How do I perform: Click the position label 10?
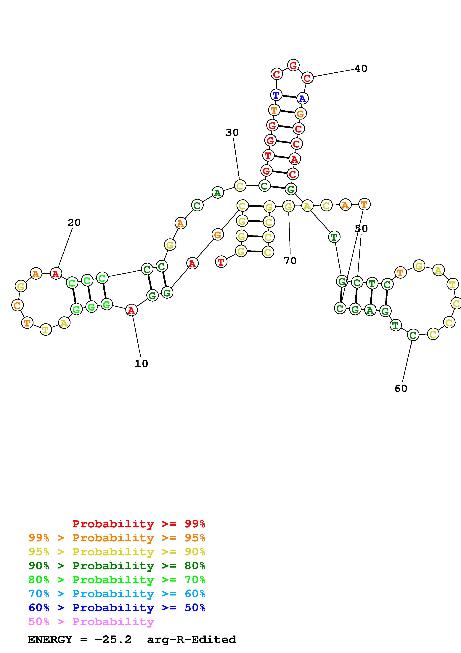[x=141, y=364]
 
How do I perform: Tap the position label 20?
[x=74, y=222]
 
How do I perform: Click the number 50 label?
[x=361, y=228]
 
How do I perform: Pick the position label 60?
[x=401, y=388]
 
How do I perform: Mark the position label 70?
[x=290, y=261]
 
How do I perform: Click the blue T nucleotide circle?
[x=276, y=95]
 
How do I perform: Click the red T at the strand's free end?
[x=221, y=262]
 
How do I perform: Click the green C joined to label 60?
[x=413, y=335]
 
